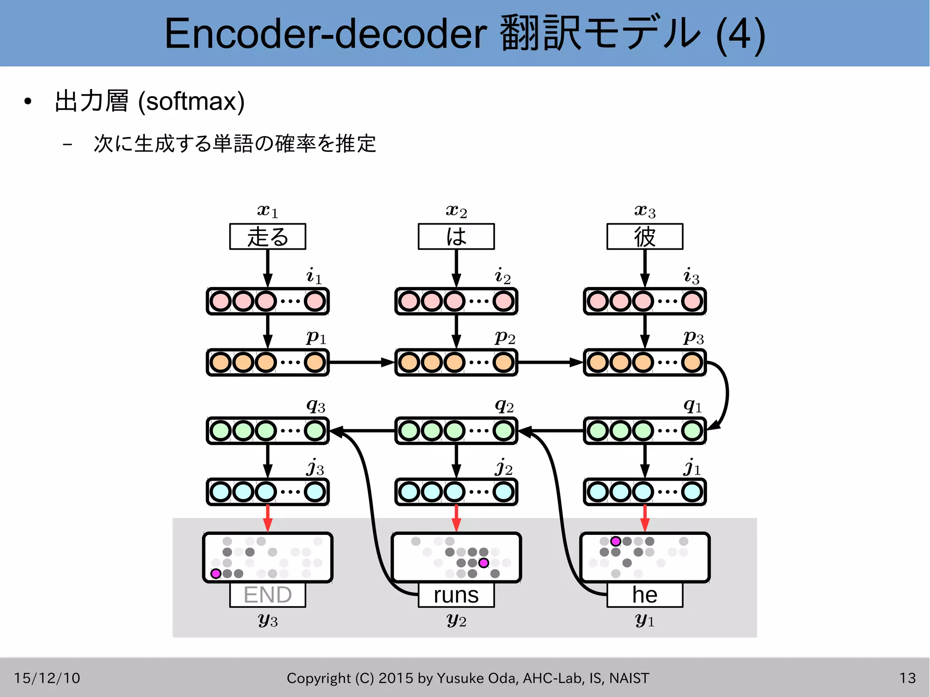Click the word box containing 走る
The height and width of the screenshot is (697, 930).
click(x=267, y=237)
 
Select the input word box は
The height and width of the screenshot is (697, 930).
click(x=456, y=237)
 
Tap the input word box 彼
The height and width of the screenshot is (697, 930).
click(x=644, y=237)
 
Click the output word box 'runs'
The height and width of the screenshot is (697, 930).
click(x=456, y=595)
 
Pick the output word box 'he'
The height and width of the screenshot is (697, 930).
click(x=644, y=595)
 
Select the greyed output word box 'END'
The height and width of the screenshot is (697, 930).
click(x=267, y=595)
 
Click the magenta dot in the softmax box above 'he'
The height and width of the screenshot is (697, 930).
click(x=615, y=541)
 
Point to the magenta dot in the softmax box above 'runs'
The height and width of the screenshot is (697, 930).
click(x=484, y=563)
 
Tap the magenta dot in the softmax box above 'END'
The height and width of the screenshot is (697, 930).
click(x=216, y=573)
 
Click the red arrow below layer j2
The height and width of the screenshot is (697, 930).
click(x=456, y=518)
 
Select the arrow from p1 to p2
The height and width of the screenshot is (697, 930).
click(x=361, y=362)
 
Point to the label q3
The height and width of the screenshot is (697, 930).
click(x=316, y=405)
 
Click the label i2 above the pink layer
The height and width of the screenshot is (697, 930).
click(x=503, y=276)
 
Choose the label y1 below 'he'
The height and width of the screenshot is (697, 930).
click(x=644, y=619)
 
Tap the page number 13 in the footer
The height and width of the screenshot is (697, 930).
click(x=907, y=678)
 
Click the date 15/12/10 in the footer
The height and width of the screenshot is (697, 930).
click(x=47, y=678)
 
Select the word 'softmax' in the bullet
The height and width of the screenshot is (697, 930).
click(x=191, y=101)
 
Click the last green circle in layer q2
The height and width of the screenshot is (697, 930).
click(x=503, y=430)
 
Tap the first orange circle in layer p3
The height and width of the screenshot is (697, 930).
click(x=598, y=362)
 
